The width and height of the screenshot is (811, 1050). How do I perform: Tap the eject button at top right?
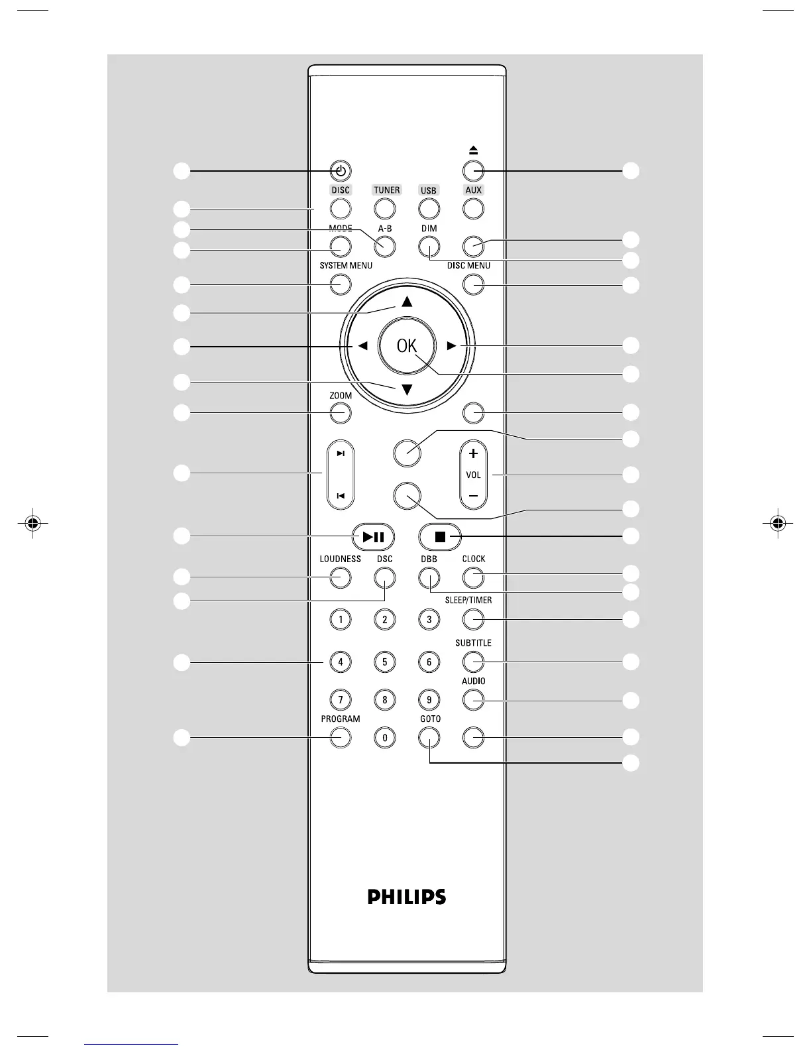(473, 171)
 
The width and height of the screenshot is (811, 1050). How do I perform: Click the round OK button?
(407, 345)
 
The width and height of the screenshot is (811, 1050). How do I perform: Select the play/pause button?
(373, 536)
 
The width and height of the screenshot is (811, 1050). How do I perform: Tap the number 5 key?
(384, 662)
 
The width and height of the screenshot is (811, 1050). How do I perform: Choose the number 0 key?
(384, 736)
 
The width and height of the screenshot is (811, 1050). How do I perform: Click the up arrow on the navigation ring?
(407, 302)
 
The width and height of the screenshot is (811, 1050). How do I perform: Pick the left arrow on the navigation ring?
(362, 345)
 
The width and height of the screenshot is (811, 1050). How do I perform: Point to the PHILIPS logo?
(407, 897)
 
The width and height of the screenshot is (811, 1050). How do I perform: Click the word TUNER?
(386, 190)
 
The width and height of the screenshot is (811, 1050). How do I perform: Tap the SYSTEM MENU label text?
(346, 266)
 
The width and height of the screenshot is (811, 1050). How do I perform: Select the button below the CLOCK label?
(473, 578)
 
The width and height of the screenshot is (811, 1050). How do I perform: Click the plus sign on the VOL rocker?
(473, 454)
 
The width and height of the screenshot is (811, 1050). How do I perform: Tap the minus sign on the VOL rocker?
(473, 496)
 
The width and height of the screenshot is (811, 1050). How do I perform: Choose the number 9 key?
(429, 699)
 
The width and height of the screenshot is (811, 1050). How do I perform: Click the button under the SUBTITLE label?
(473, 662)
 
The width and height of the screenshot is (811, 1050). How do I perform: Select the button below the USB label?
(429, 209)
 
